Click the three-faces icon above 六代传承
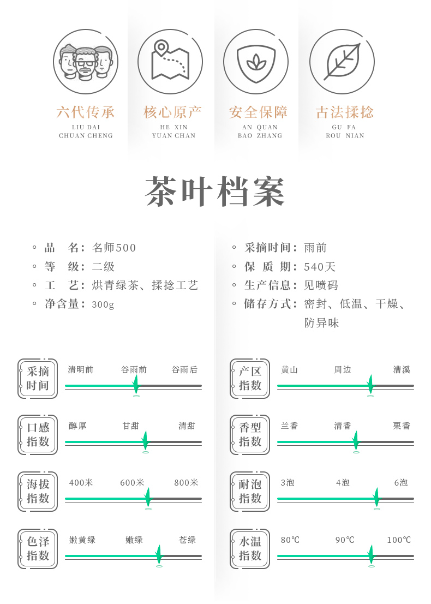86,62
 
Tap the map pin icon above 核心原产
170,62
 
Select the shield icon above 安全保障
256,62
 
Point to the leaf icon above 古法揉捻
342,62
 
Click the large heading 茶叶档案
215,192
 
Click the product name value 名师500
115,248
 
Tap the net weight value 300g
103,304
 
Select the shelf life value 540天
320,267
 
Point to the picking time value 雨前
316,248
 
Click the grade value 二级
104,267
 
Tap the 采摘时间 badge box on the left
38,379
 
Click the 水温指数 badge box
250,549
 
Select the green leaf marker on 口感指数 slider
145,440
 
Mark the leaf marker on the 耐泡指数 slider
376,497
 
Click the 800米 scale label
187,483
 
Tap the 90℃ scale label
345,540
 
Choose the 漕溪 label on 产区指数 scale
402,370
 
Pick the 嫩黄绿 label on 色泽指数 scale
82,540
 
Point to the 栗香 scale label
402,426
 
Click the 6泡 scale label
401,483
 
